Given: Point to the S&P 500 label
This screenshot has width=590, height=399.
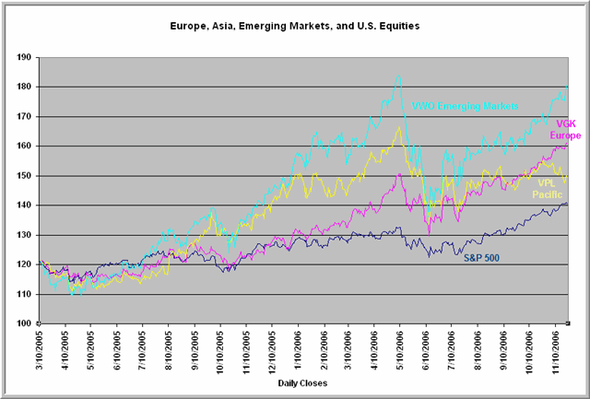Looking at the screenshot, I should (479, 257).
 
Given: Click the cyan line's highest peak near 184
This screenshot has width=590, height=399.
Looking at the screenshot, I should (398, 76).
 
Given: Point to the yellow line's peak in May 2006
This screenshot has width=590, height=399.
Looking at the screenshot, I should (399, 127).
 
